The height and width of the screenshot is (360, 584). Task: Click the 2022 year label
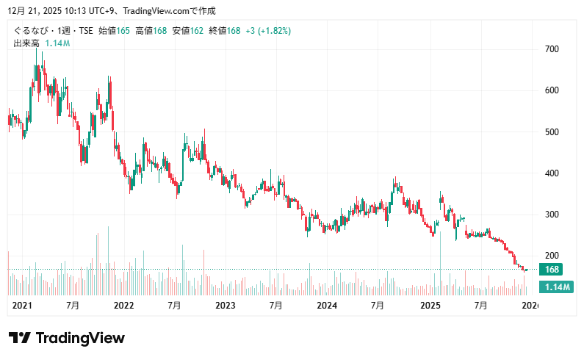123,305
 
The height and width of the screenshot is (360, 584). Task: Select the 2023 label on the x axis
225,305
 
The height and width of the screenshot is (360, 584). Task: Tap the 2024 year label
327,305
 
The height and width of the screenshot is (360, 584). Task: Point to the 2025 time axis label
429,305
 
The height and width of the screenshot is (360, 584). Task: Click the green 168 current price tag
552,270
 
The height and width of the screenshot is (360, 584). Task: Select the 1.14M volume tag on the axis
555,287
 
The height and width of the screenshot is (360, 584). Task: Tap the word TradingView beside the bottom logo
80,338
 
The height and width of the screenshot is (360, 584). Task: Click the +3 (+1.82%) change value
268,31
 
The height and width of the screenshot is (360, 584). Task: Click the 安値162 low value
188,31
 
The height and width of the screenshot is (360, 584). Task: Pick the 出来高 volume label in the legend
26,43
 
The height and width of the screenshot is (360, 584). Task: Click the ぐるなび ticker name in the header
30,31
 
